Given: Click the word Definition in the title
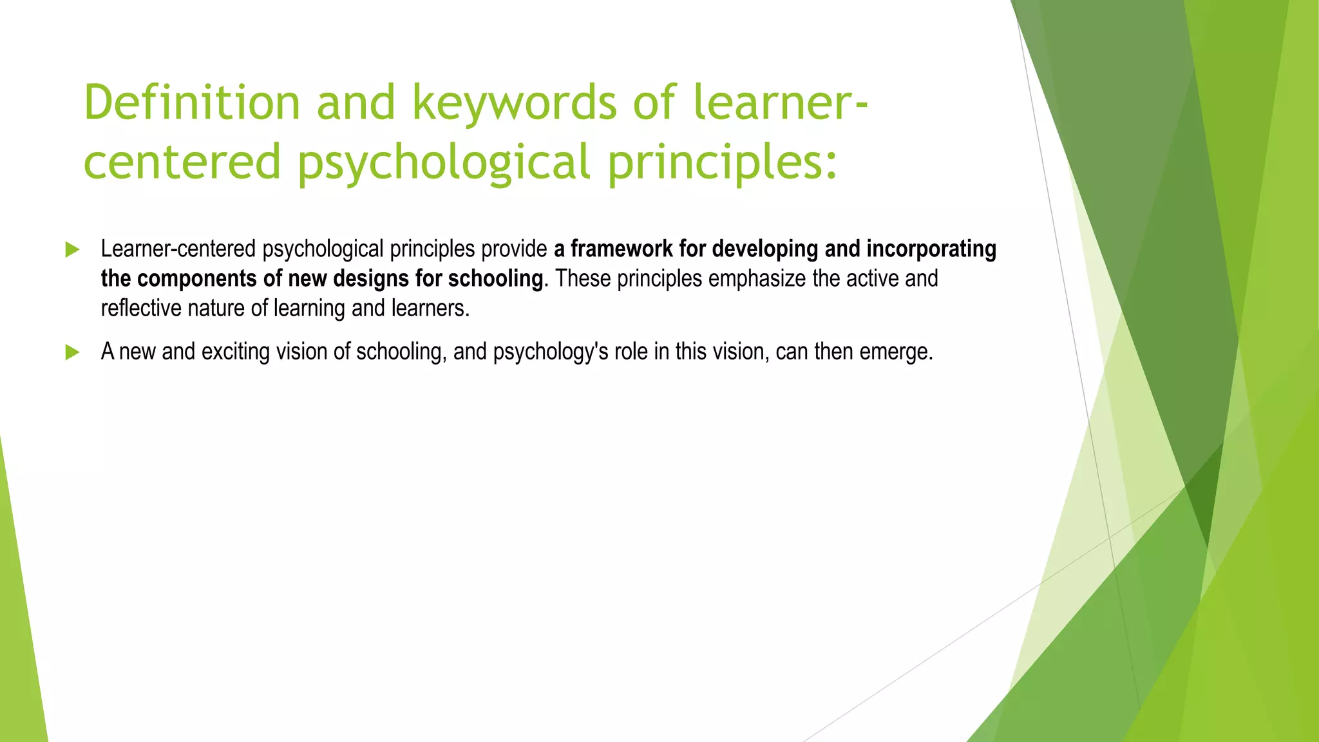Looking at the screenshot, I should tap(192, 103).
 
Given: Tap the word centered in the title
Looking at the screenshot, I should tap(182, 162).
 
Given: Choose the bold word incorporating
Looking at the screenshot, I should tap(931, 249).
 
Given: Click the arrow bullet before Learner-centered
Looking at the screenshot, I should tap(72, 250).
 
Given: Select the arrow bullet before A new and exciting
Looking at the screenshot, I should tap(72, 352).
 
